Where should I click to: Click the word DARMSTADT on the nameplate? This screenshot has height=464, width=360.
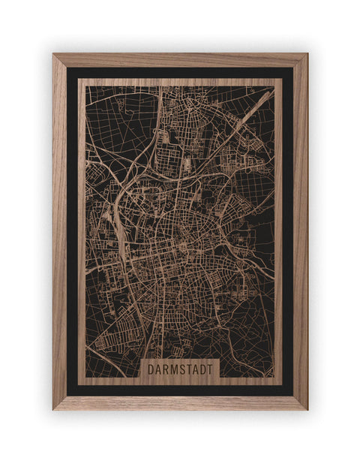coord(179,369)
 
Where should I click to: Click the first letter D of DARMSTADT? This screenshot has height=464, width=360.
coord(151,369)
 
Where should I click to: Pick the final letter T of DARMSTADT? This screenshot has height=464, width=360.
coord(210,369)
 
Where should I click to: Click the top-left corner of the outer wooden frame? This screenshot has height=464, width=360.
coord(53,54)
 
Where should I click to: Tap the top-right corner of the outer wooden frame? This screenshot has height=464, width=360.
coord(307,54)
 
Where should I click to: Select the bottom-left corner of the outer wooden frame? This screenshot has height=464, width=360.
coord(53,409)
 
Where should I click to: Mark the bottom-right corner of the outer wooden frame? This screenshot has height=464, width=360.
coord(307,409)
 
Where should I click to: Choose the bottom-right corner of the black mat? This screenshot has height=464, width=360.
coord(293,396)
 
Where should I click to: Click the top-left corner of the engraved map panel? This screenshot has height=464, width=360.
coord(79,79)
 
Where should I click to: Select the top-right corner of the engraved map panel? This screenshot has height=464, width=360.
coord(282,79)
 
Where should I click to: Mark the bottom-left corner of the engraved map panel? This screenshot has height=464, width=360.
coord(79,384)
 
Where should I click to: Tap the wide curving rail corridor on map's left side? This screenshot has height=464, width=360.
coord(112,225)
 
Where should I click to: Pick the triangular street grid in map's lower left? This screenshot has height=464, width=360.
coord(112,330)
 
